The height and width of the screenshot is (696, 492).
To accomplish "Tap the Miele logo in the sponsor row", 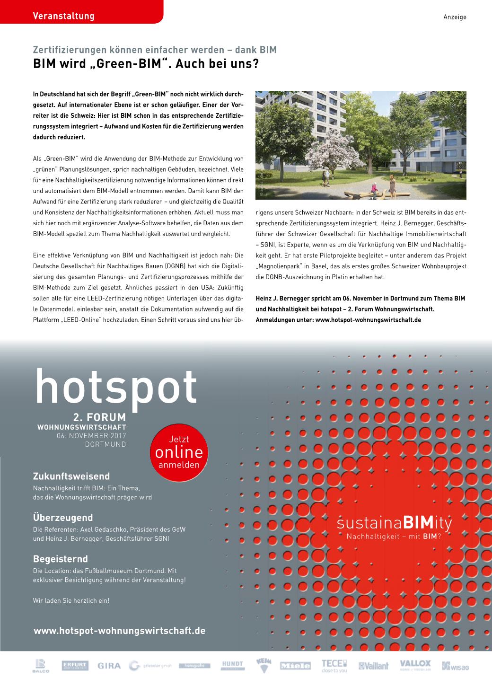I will coord(295,666).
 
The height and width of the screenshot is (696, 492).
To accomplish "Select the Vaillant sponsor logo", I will coord(373,666).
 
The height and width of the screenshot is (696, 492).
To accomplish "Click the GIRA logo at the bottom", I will coord(109,666).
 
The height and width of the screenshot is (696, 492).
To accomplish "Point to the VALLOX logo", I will coord(415,665).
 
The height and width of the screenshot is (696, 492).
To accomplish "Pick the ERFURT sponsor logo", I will coord(75,666).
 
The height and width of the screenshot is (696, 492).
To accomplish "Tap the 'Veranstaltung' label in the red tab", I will coord(64,16).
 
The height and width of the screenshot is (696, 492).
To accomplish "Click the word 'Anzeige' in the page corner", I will coord(455,17).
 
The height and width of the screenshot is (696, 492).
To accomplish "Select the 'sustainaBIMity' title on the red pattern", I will coord(395,524).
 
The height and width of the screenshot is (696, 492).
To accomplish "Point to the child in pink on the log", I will coord(374,188).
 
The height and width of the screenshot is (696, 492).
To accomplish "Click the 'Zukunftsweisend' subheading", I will coord(71,476).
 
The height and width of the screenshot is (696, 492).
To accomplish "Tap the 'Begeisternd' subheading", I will coord(60,559).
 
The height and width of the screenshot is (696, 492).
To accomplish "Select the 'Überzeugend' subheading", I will coord(63,518).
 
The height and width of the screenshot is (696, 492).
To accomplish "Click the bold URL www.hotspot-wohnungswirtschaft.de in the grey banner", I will coord(120,631).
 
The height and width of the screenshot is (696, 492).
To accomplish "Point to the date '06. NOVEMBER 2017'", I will coord(91,436).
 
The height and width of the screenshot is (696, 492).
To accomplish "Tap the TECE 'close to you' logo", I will coord(334,666).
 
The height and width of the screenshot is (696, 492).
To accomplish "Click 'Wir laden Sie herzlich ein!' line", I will coord(71,600).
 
